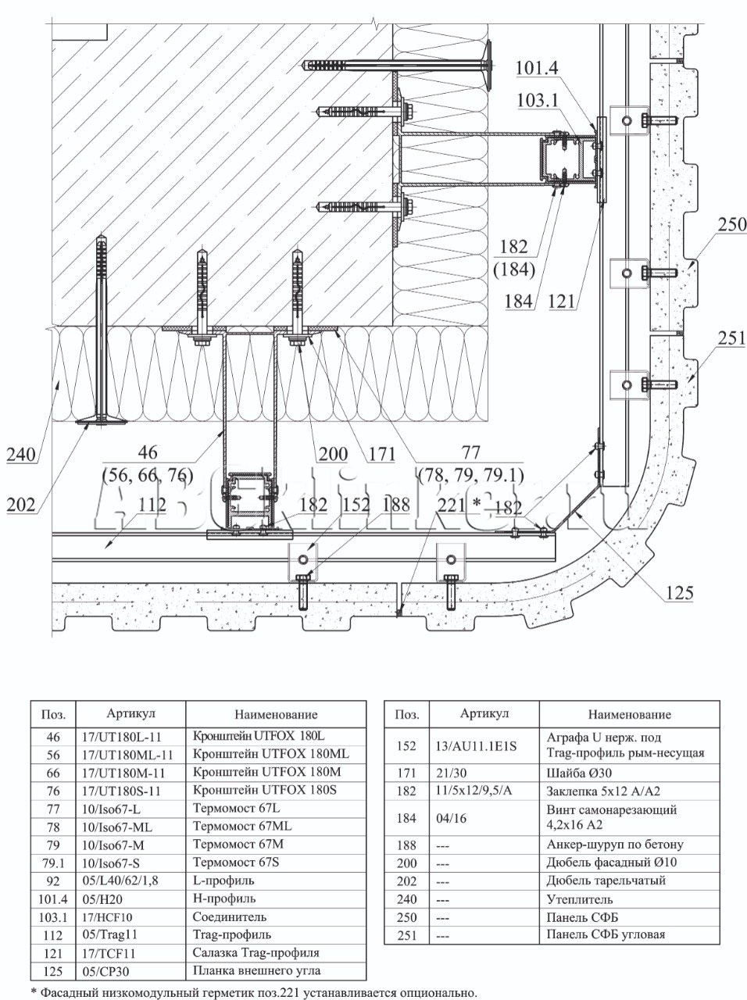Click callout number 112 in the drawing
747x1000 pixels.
click(x=153, y=505)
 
